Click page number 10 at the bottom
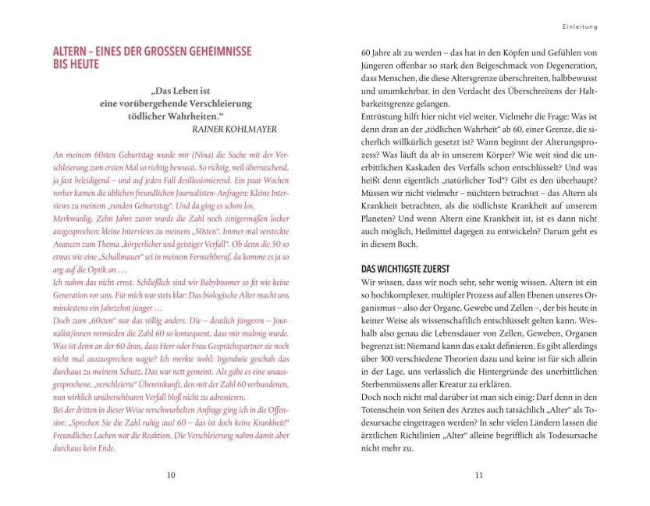click(x=171, y=474)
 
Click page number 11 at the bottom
click(x=478, y=474)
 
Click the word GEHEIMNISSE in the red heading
click(x=211, y=51)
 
